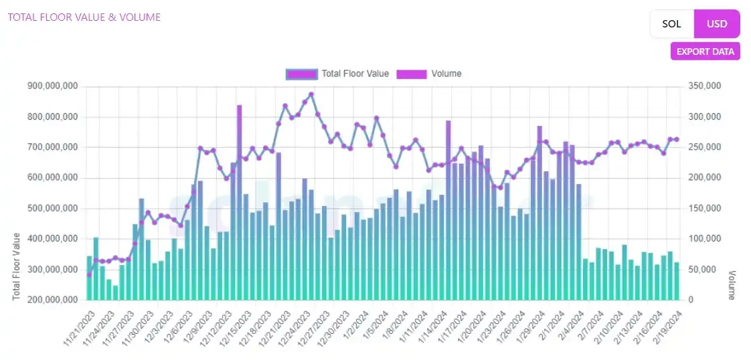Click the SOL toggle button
coord(671,24)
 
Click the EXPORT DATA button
coord(705,52)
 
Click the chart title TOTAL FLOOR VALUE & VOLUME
coord(84,17)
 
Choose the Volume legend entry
coord(428,74)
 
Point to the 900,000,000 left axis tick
coord(53,86)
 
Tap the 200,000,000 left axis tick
coord(53,300)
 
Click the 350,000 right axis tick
coord(705,86)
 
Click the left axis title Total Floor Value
coord(16,266)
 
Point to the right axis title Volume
coord(732,284)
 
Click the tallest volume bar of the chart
coord(239,201)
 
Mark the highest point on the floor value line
coord(311,94)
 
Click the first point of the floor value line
coord(89,274)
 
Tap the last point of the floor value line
coord(677,139)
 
